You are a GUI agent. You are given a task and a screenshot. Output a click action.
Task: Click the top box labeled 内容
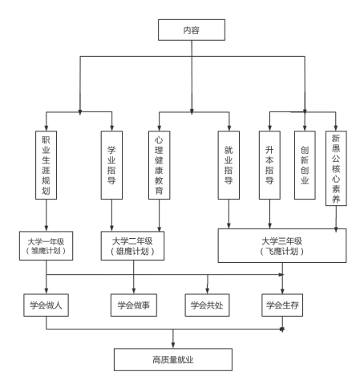click(x=192, y=30)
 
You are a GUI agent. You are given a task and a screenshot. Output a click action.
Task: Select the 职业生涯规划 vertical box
click(x=46, y=165)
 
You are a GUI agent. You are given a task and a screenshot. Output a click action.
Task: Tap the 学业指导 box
click(x=111, y=165)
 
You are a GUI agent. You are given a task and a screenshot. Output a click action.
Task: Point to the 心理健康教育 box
click(x=160, y=165)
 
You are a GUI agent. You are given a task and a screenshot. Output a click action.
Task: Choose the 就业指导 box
click(x=229, y=165)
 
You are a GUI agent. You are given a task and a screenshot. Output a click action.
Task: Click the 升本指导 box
click(x=269, y=165)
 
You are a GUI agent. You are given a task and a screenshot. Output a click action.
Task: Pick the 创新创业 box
click(x=305, y=165)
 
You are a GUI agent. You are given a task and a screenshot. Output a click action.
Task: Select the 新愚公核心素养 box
click(x=336, y=168)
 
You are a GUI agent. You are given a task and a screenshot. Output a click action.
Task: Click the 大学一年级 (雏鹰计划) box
click(x=46, y=246)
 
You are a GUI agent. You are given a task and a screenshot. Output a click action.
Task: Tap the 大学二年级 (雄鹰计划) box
click(x=132, y=246)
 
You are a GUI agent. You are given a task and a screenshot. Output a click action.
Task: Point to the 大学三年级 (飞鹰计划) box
click(x=282, y=245)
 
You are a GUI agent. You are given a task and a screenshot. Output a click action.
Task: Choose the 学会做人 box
click(x=46, y=305)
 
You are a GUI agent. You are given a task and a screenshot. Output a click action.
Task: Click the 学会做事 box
click(x=134, y=305)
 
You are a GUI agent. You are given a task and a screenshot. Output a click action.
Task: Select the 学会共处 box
click(x=207, y=305)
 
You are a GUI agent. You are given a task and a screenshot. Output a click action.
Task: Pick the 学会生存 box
click(x=282, y=305)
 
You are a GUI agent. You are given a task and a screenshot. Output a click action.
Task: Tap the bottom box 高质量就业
click(x=173, y=360)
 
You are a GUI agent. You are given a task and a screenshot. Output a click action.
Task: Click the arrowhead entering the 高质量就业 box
click(x=173, y=345)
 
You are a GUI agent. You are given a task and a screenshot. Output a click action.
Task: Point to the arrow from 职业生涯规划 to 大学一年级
click(x=47, y=216)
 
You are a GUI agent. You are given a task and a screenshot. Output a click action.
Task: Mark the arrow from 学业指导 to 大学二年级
click(x=111, y=216)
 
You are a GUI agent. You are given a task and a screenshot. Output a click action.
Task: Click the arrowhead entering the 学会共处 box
click(x=208, y=291)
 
